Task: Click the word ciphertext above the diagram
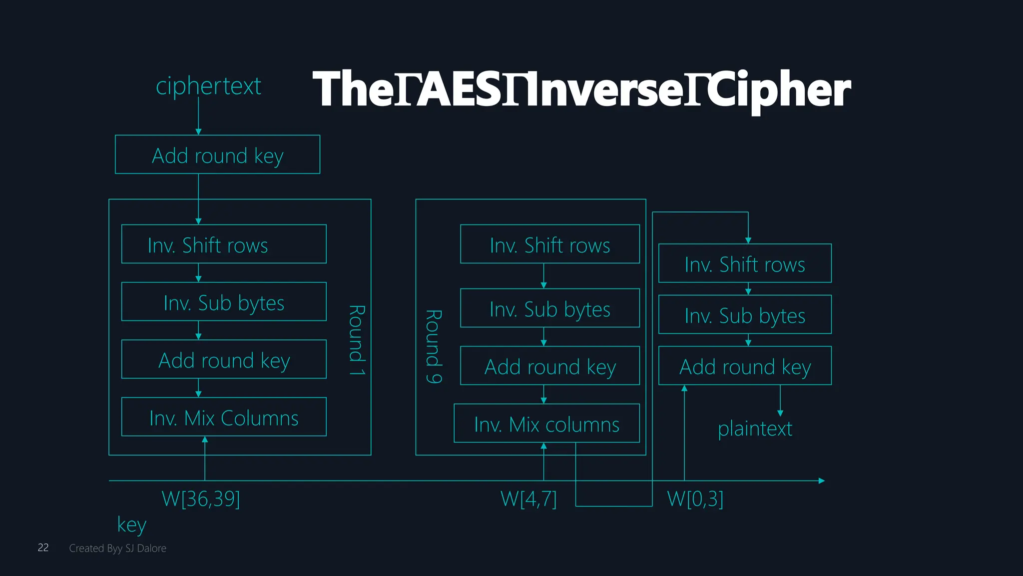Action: [x=208, y=86]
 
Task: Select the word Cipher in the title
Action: [x=780, y=90]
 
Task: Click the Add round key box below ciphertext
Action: [x=217, y=154]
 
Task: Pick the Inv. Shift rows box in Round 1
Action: [x=224, y=244]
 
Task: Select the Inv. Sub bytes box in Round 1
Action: [x=224, y=301]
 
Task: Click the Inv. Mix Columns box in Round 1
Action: [x=224, y=417]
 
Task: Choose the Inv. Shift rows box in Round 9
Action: [x=549, y=244]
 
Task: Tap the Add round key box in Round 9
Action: [x=549, y=365]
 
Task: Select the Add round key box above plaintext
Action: [x=745, y=365]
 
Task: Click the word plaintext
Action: [x=755, y=428]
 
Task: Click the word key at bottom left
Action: [x=132, y=524]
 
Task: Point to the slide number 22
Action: [x=43, y=547]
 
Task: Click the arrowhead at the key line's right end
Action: [x=821, y=480]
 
